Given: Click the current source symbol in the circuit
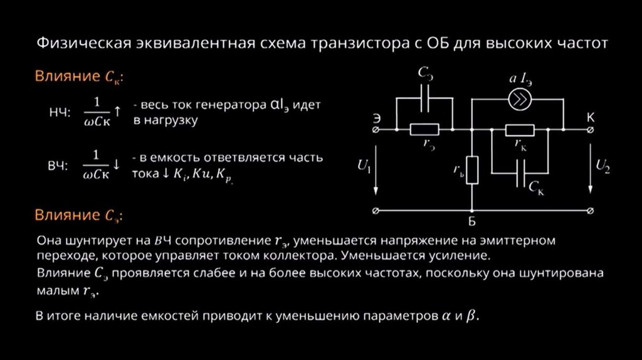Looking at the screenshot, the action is [x=518, y=102].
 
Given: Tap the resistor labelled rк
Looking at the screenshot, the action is [x=520, y=130].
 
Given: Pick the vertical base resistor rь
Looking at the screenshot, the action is [x=471, y=169].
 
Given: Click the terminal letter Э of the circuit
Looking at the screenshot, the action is [x=376, y=117].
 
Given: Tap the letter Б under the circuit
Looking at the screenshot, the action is [x=471, y=221].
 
